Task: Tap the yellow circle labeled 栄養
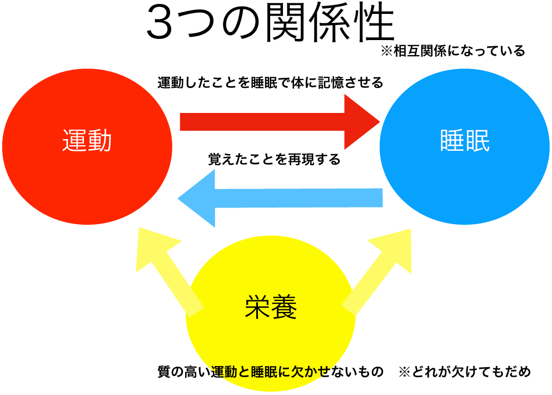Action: click(x=271, y=339)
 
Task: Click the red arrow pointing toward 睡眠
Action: click(x=261, y=122)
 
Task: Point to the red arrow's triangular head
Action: click(x=359, y=122)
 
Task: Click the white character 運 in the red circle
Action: click(x=74, y=141)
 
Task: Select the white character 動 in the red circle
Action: click(x=100, y=141)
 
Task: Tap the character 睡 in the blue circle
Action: click(x=452, y=141)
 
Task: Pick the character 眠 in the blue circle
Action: click(x=478, y=141)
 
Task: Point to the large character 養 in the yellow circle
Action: click(x=284, y=307)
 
